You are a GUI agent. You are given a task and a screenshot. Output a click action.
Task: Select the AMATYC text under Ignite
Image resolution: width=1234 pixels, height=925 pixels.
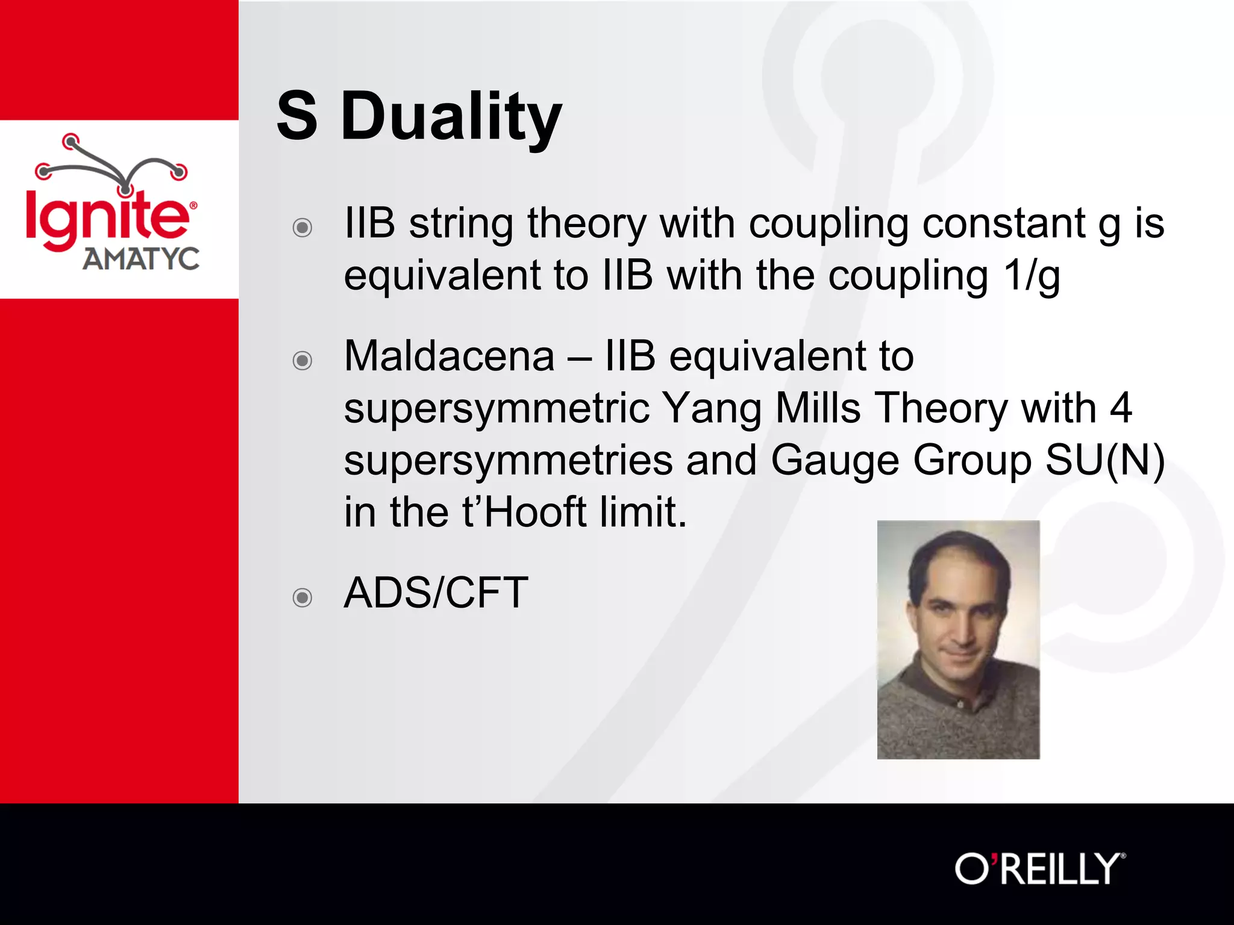point(141,259)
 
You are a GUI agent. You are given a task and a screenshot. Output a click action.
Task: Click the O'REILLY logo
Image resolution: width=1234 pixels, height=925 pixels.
point(1039,869)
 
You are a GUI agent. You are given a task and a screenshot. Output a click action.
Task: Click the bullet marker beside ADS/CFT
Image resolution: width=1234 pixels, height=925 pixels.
point(302,597)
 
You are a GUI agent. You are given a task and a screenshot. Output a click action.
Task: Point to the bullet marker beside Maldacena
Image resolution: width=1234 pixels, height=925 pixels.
point(302,360)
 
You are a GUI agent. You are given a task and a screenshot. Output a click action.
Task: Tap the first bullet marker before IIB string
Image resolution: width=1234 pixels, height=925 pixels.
point(302,227)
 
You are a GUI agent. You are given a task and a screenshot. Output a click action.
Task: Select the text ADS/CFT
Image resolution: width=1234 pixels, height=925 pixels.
point(436,593)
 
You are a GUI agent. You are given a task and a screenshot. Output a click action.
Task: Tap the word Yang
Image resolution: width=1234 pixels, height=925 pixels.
point(712,408)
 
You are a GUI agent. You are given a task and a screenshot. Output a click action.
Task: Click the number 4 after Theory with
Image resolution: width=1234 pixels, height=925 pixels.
point(1120,408)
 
